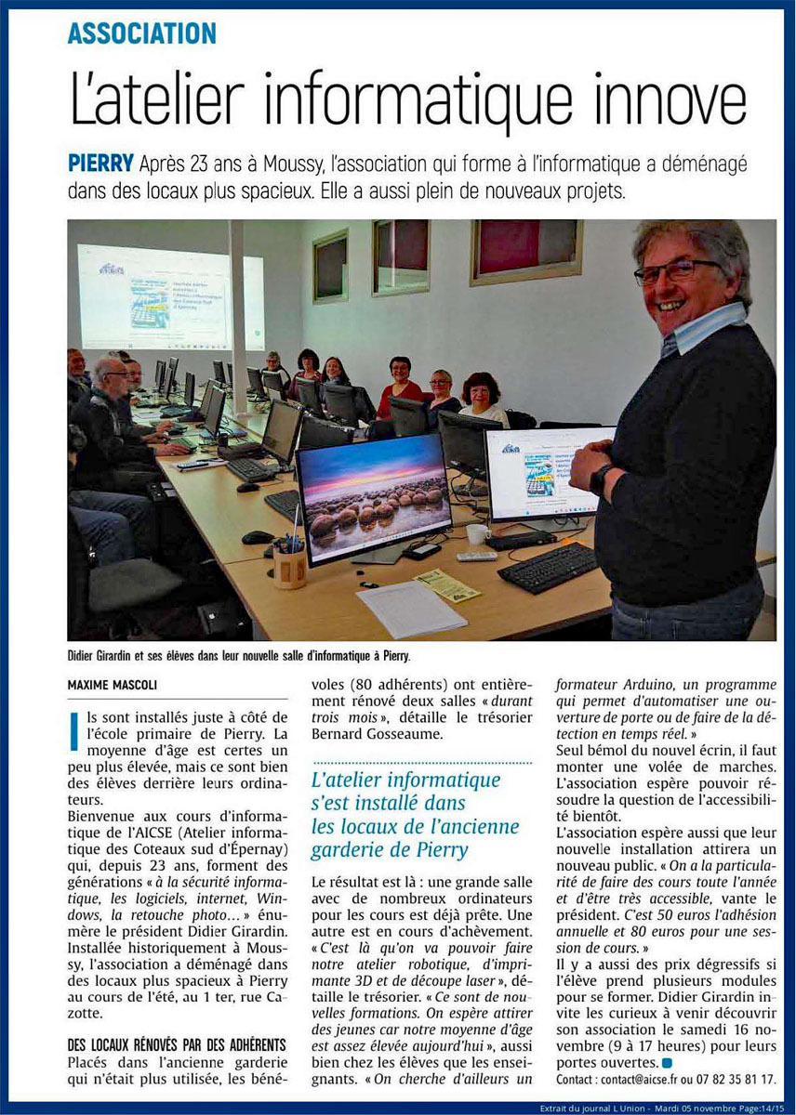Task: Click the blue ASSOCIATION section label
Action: (141, 34)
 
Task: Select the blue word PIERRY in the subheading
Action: (100, 165)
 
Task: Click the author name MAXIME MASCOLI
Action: (110, 685)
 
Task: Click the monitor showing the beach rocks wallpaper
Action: (373, 496)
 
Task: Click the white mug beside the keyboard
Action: (477, 534)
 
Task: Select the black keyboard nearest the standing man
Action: (548, 568)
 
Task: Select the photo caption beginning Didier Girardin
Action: (238, 656)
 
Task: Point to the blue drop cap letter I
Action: (73, 727)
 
